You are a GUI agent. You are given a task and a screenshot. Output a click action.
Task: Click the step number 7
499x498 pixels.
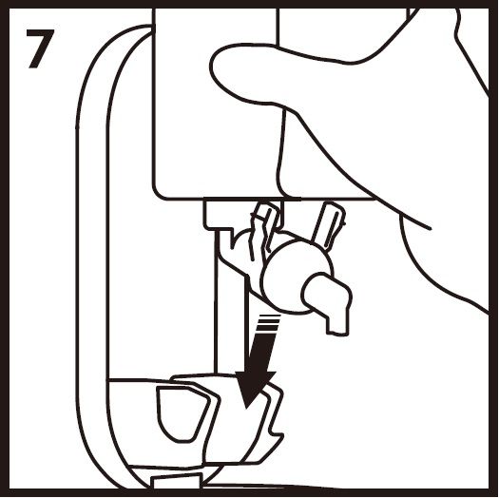[40, 48]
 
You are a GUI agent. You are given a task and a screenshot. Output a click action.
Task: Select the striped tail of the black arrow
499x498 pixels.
[267, 324]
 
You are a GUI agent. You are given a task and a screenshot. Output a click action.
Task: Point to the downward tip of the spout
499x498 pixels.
[338, 333]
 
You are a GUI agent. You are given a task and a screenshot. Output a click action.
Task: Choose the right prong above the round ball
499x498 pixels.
[329, 223]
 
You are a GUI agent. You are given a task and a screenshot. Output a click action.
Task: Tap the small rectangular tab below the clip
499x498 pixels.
[178, 481]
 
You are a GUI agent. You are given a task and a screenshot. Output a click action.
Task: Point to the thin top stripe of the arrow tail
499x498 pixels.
[270, 316]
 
